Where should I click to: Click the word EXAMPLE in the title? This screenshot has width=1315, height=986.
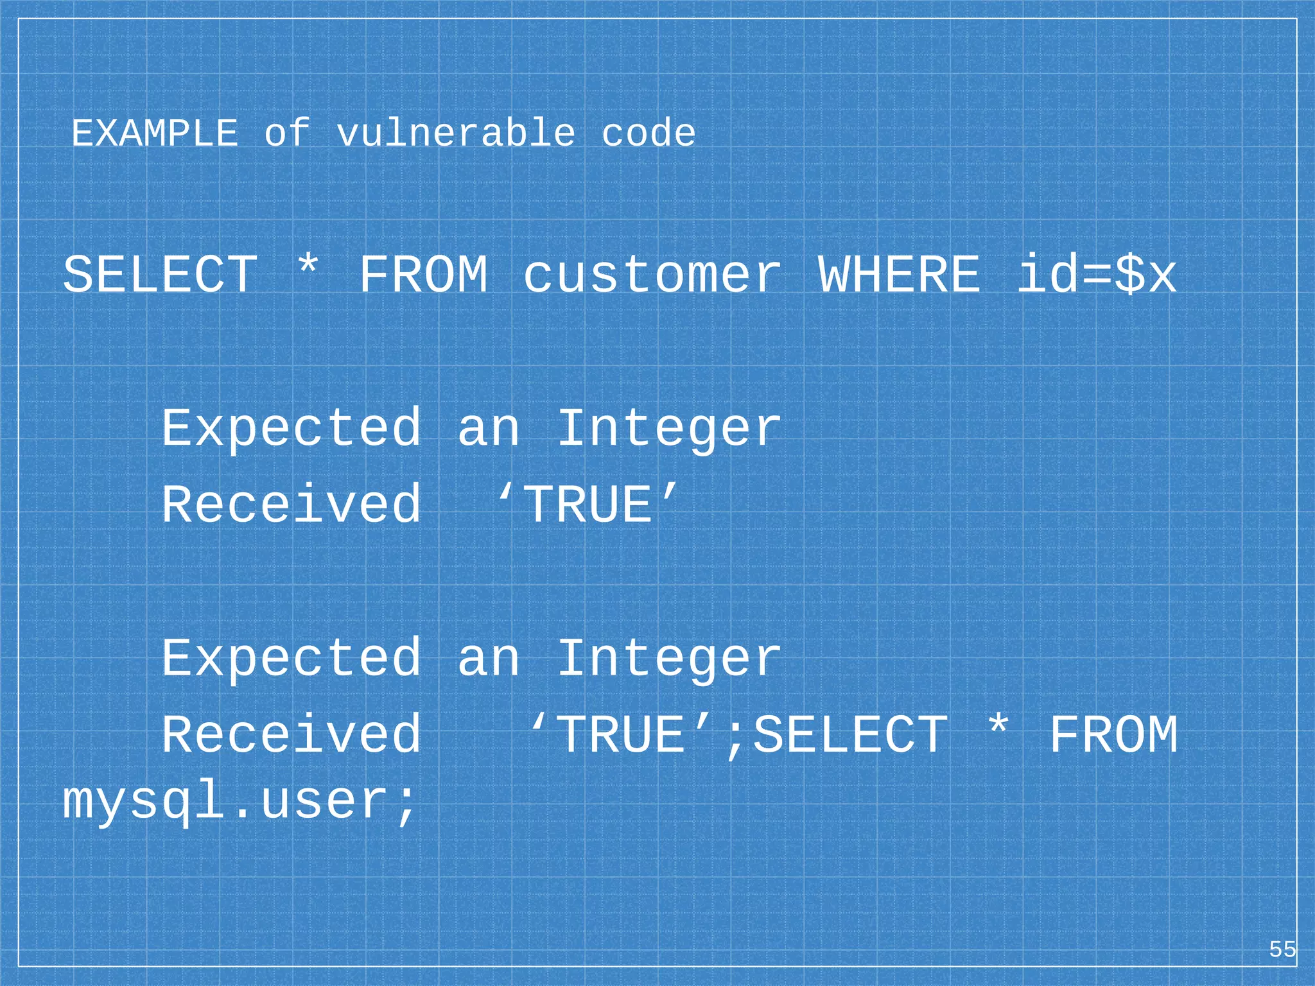[154, 134]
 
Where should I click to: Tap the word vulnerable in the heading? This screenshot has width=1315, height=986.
[456, 134]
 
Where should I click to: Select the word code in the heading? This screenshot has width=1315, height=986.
[649, 134]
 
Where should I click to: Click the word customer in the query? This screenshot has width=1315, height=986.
[652, 275]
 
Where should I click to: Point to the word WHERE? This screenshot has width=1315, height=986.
[899, 275]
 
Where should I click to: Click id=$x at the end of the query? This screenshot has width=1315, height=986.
[1097, 275]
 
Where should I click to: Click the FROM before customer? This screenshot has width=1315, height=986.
[423, 275]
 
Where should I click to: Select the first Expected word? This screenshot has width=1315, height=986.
[292, 428]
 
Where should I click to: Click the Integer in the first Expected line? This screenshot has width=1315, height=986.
[669, 428]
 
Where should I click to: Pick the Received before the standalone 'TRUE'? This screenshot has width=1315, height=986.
[292, 505]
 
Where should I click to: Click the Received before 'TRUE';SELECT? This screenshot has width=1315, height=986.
[292, 734]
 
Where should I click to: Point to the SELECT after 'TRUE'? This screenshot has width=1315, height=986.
[849, 734]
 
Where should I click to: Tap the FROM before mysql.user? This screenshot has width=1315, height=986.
[1113, 734]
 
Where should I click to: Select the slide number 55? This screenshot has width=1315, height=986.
[1282, 949]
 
